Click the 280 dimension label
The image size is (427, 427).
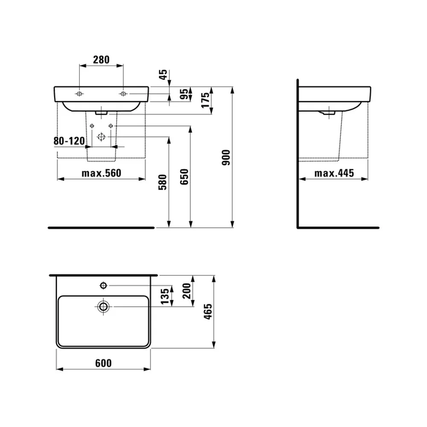point(101,60)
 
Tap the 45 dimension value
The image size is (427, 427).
point(163,74)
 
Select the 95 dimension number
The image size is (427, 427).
point(184,94)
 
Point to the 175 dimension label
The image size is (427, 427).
point(205,100)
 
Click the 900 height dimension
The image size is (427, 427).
point(226,158)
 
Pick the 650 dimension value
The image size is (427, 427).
point(184,177)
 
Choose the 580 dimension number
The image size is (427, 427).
point(163,182)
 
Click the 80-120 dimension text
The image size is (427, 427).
point(69,141)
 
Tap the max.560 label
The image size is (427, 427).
point(101,173)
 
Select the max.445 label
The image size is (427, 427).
point(334,173)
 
